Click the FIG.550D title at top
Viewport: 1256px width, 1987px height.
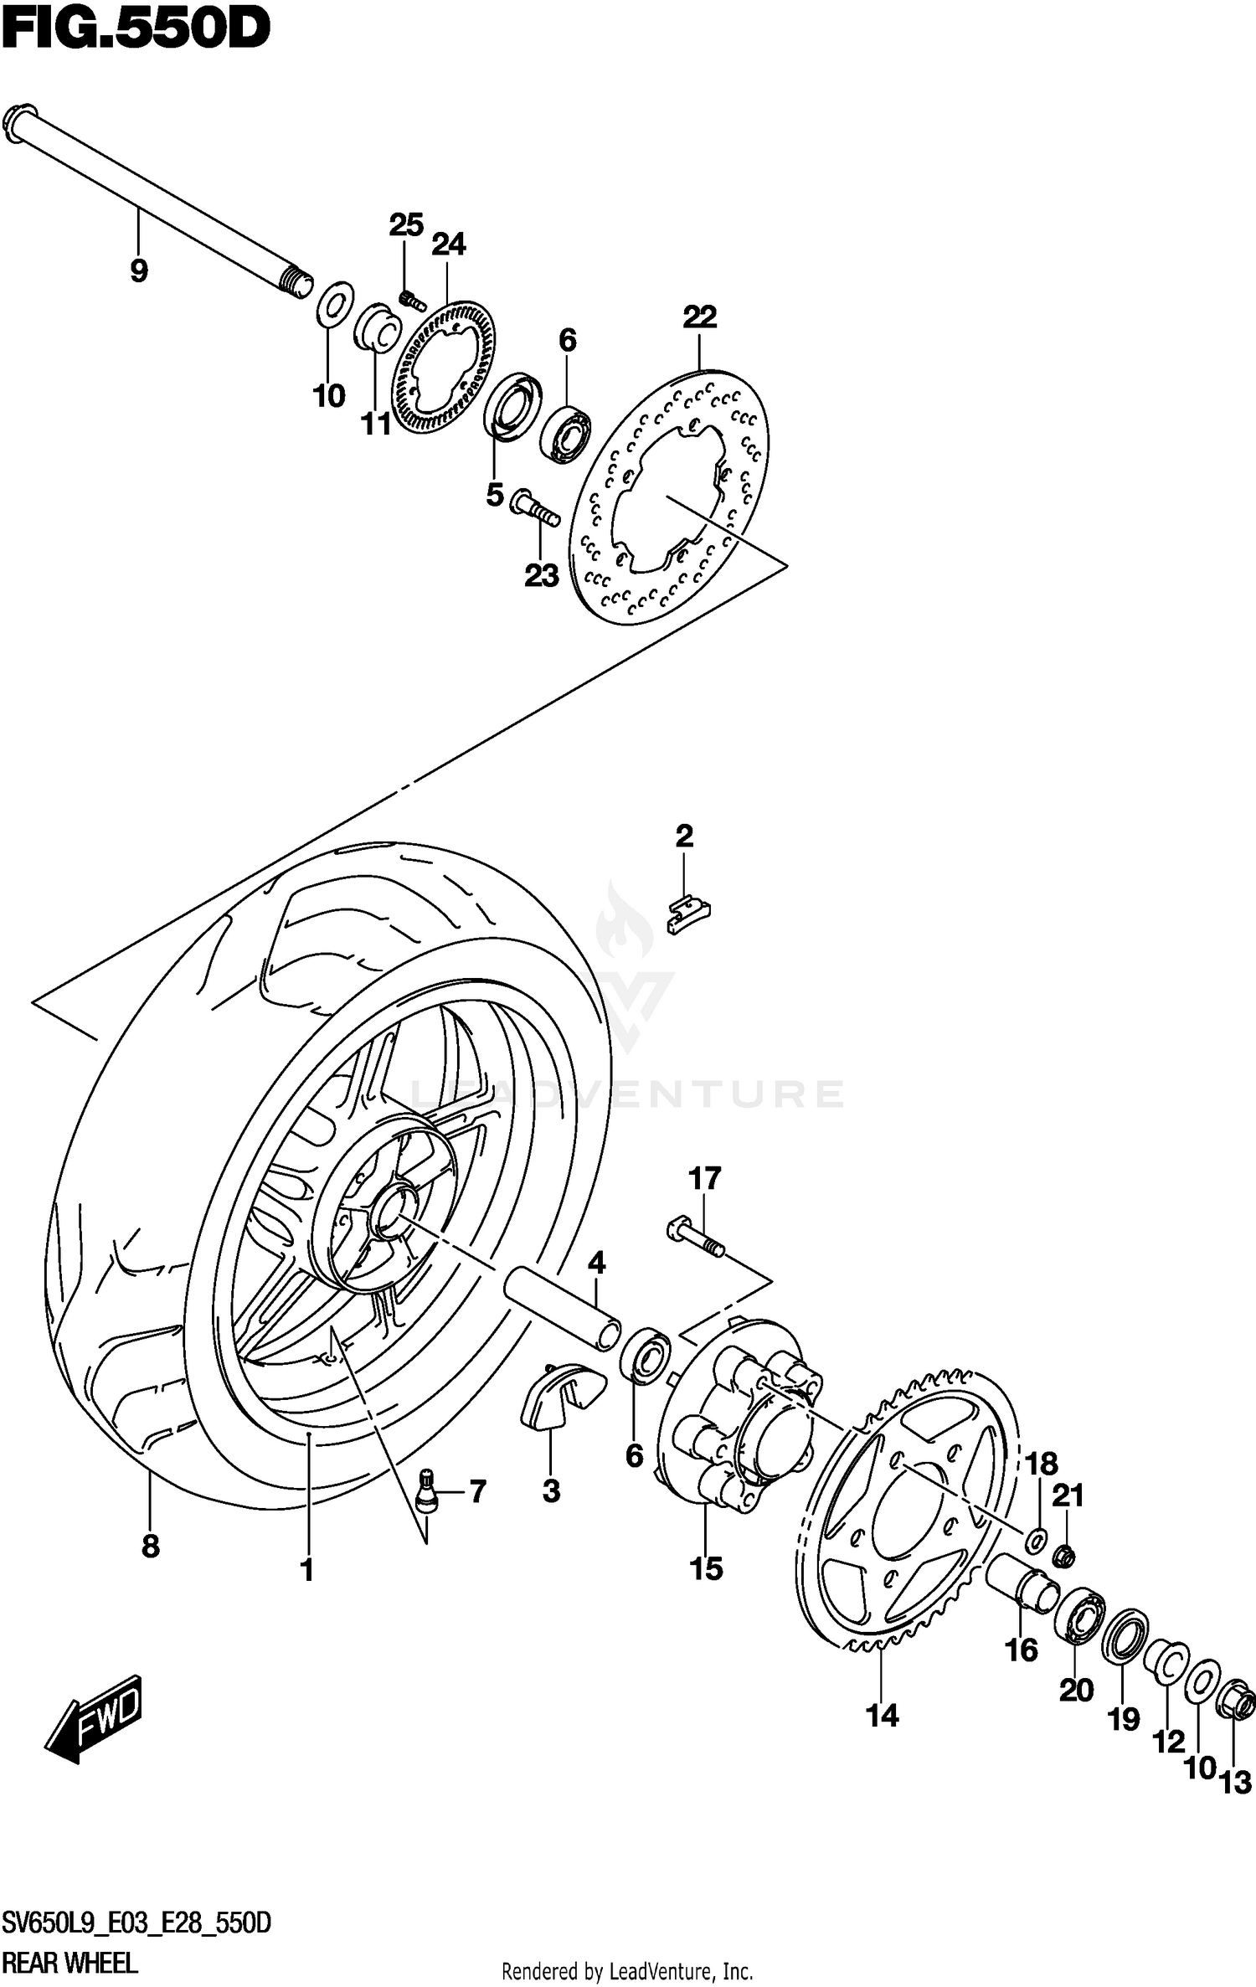(136, 30)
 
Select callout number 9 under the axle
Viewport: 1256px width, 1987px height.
(139, 270)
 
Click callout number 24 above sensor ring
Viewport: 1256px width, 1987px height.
(448, 245)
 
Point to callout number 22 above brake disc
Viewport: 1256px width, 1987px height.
(700, 317)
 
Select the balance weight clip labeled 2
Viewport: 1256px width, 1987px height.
(688, 914)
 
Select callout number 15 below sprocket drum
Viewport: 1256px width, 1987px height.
(706, 1568)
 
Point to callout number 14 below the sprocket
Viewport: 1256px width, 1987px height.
(882, 1715)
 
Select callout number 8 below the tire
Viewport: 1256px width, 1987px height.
(151, 1546)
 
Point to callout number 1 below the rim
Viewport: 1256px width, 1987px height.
(307, 1570)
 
